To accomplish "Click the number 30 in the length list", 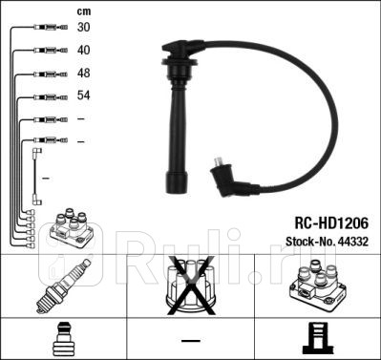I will tap(84, 28).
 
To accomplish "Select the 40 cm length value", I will tap(84, 51).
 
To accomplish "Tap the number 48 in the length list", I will tap(84, 74).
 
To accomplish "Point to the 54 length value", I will tap(84, 96).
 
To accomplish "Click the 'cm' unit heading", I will tap(83, 11).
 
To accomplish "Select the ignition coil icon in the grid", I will tap(316, 287).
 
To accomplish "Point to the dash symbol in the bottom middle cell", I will tap(191, 340).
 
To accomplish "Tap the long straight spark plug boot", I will tap(178, 134).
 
